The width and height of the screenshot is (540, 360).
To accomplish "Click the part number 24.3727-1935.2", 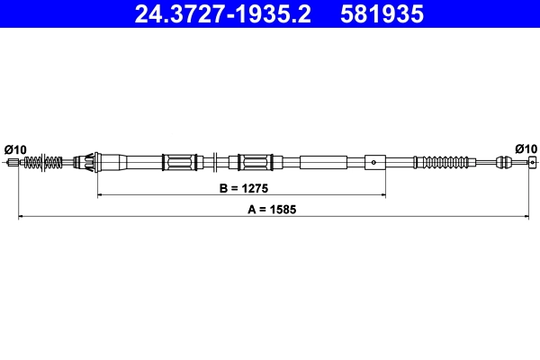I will coord(226,14).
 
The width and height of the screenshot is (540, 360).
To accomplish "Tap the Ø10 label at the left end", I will coord(15,148).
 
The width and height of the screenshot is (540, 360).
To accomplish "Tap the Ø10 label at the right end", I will coord(526,148).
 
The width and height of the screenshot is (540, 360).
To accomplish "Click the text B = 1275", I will coord(241,190).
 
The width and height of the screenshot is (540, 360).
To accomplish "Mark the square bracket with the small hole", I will coord(374,163).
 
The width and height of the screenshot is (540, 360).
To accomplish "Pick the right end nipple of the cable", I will coord(532,163).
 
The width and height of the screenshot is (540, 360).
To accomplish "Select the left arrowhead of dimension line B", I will coord(100,194).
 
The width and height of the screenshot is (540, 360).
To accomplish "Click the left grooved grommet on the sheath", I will coord(179,163).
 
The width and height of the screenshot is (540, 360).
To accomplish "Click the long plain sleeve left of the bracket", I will coord(322,163).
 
